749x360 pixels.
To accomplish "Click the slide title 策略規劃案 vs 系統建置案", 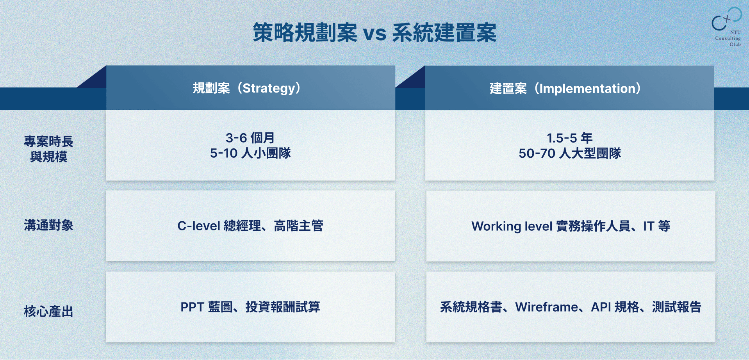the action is point(374,32).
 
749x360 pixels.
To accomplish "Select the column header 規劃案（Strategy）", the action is point(247,88).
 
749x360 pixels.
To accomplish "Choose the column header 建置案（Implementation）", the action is point(565,89).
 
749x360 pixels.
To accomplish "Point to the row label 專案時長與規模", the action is point(49,149).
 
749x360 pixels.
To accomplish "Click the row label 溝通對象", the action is point(49,225).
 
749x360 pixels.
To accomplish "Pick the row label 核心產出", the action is point(49,311).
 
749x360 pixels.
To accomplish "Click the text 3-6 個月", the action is point(250,138).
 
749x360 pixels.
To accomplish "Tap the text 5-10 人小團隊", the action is point(250,153).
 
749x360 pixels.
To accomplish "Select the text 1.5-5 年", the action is point(570,138).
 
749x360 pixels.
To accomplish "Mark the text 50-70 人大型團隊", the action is point(570,153).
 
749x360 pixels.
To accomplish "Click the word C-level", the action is point(199,226).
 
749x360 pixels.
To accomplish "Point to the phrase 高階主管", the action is point(299,226).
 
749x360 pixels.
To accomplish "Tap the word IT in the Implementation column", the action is point(649,226).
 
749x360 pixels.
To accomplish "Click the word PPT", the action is point(192,307).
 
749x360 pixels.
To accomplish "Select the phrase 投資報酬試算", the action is point(283,307).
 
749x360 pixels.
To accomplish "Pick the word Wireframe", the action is point(546,307).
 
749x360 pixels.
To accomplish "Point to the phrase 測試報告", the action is point(677,307).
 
